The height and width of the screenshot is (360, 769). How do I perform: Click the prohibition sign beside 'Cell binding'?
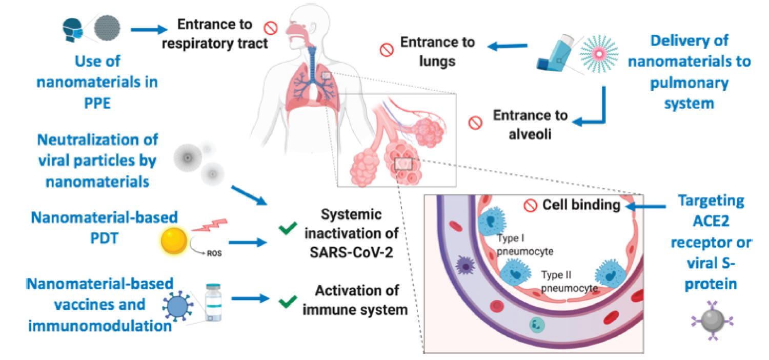[530, 206]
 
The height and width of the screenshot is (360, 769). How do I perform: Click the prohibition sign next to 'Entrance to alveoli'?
[476, 123]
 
